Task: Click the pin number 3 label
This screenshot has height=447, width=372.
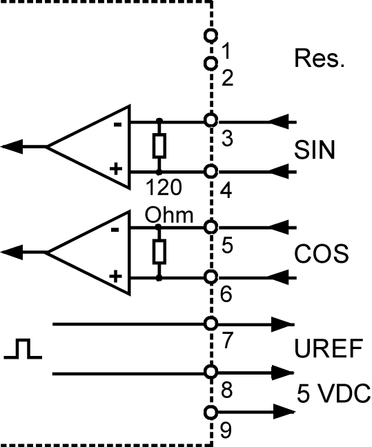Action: [x=227, y=139]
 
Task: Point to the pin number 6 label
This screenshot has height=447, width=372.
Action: [x=226, y=294]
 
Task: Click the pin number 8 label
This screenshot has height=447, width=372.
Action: [x=226, y=390]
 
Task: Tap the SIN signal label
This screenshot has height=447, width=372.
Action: [x=314, y=150]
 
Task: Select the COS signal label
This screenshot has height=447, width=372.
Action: [x=321, y=253]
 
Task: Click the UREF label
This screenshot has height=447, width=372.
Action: [x=329, y=348]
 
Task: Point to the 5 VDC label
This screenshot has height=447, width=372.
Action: [x=334, y=393]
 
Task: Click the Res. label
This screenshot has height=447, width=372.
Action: [x=320, y=58]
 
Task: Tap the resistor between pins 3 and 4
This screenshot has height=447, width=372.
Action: [x=159, y=146]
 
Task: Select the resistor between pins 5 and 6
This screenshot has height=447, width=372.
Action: [x=159, y=252]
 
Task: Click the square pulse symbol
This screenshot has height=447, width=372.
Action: [x=23, y=348]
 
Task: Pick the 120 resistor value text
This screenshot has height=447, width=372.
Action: [x=164, y=187]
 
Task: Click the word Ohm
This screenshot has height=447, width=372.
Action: [x=169, y=215]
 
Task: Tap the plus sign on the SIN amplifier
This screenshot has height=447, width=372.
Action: [x=116, y=169]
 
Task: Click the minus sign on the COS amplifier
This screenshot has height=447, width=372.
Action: [x=115, y=230]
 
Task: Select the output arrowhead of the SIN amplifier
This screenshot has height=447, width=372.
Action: [x=12, y=147]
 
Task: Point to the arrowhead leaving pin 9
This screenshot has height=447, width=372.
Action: [x=284, y=412]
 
